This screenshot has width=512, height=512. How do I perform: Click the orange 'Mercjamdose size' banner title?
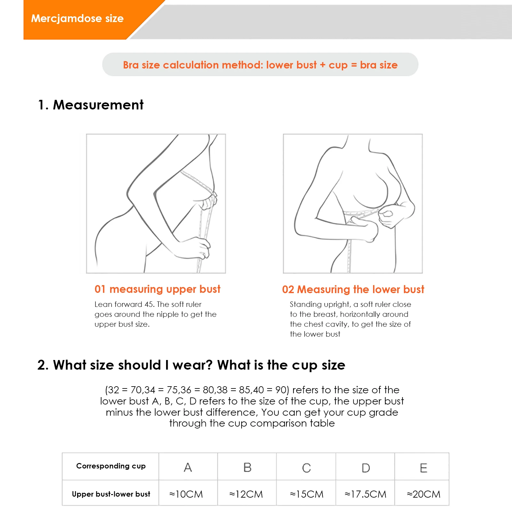(77, 19)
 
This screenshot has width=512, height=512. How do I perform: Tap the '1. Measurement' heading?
(91, 105)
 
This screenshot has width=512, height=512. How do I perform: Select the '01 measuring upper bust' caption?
(157, 289)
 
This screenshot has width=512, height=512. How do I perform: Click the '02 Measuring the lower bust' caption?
(353, 289)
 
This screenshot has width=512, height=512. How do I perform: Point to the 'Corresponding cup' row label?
(111, 466)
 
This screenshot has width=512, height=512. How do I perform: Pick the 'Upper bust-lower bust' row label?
(111, 494)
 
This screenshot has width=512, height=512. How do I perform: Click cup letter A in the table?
(188, 468)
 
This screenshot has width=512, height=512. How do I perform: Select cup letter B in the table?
(247, 468)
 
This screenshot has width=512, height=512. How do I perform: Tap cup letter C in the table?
(307, 468)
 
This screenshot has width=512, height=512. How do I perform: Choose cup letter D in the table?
(366, 468)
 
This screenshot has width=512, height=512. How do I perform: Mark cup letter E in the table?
(423, 468)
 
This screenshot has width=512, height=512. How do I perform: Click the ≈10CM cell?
(186, 494)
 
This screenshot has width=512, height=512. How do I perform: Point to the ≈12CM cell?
(246, 494)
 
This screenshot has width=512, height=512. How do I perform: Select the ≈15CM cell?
(307, 494)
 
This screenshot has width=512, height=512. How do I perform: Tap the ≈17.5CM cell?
(365, 494)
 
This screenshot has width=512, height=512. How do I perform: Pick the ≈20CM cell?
(424, 494)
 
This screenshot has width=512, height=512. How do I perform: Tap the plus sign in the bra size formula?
(323, 65)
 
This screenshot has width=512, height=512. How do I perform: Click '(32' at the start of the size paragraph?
(112, 390)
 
